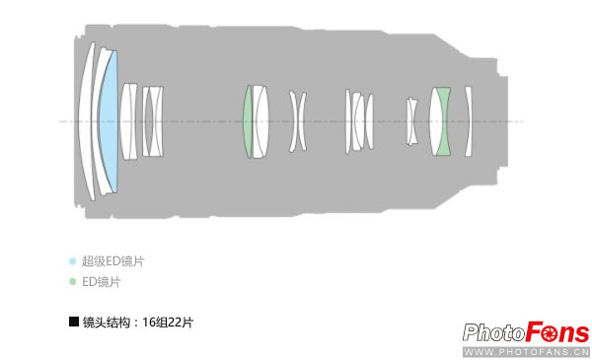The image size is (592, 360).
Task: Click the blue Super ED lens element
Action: point(109,121)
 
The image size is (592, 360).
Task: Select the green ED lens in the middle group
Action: point(248,121)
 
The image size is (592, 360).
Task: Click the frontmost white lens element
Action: point(85,121)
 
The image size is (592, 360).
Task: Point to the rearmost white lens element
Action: point(468,121)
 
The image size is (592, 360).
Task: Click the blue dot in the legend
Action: point(72,260)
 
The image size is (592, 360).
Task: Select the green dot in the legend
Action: point(72,281)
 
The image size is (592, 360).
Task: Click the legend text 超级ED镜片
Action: point(112,261)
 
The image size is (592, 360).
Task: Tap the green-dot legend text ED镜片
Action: point(102,282)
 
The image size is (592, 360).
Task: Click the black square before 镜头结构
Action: point(74,322)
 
